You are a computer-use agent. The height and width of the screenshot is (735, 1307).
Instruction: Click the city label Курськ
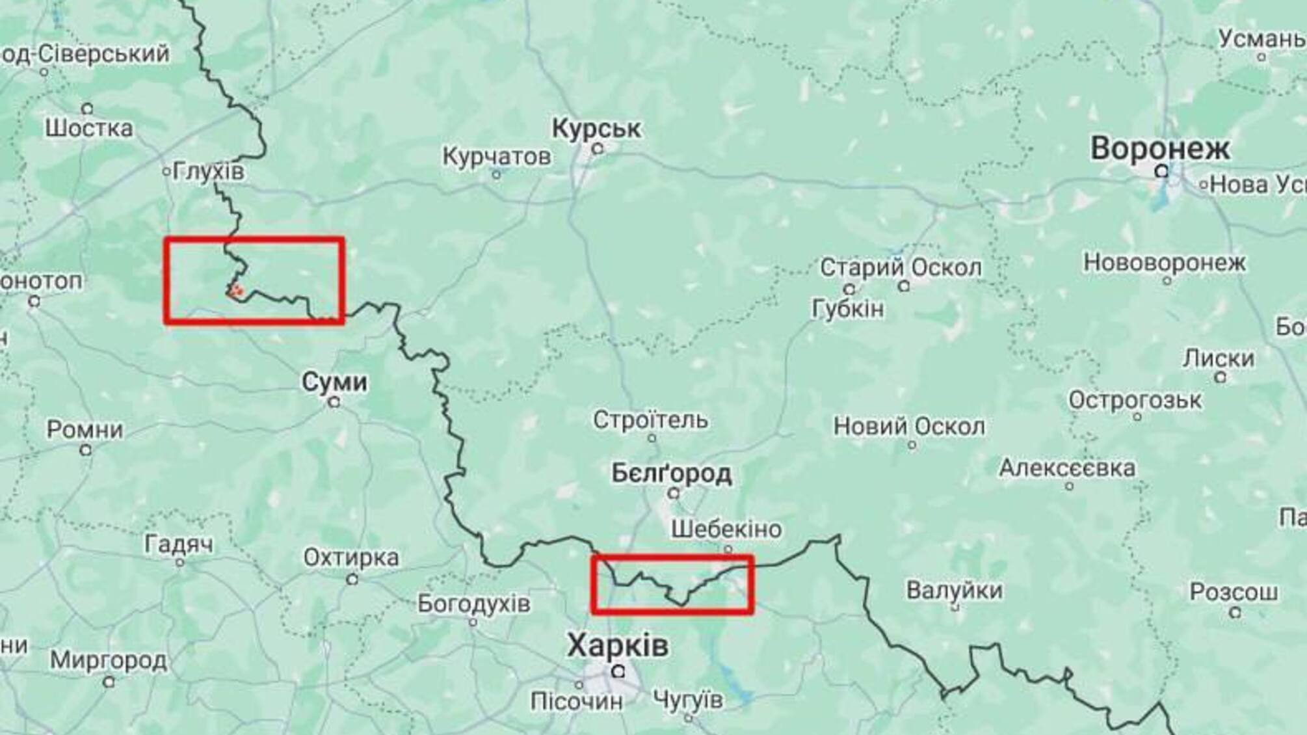click(596, 128)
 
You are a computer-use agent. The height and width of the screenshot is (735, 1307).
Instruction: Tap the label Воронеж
click(1160, 148)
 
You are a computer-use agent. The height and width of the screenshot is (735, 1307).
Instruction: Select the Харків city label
click(617, 646)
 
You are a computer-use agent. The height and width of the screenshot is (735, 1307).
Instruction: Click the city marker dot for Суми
click(334, 403)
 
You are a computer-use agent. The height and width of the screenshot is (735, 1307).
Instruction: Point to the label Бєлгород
click(671, 474)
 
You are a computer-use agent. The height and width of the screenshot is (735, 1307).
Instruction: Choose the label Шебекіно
click(726, 529)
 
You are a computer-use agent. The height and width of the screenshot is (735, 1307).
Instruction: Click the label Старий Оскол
click(901, 267)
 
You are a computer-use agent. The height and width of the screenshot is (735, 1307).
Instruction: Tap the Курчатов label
click(496, 157)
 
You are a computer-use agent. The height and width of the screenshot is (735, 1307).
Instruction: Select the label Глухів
click(209, 172)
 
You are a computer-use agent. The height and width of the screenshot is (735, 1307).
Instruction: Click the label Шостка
click(89, 128)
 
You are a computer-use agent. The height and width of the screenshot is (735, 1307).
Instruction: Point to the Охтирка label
click(351, 557)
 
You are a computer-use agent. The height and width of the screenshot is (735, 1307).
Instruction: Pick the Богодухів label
click(473, 604)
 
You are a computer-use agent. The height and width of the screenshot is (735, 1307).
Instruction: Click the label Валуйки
click(954, 590)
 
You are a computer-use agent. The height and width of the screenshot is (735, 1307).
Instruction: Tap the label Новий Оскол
click(909, 427)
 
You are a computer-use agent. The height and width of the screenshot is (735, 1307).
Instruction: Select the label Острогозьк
click(1135, 399)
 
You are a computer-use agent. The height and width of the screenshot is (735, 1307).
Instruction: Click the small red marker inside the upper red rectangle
click(236, 290)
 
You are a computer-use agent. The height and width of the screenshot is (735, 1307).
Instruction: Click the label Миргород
click(109, 660)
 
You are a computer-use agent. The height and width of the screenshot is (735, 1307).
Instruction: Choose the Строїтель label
click(650, 420)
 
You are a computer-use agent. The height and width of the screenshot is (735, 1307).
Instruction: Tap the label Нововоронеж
click(1164, 263)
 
